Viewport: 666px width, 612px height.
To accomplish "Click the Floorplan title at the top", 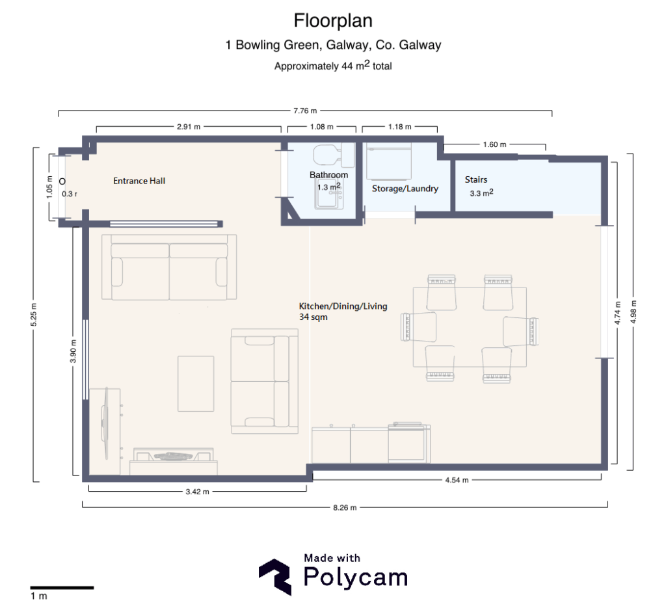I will pos(333,21).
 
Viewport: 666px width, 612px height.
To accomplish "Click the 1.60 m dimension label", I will pos(495,144).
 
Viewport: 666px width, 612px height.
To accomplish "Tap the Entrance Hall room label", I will pos(139,181).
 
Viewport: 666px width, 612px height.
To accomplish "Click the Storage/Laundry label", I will pos(405,189).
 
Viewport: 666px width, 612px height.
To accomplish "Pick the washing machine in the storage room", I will pos(389,161).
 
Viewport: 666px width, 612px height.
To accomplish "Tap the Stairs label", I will pos(476,180).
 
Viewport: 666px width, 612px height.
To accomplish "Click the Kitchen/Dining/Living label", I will pos(343,306).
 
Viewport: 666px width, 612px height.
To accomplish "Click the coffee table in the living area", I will pos(196,383).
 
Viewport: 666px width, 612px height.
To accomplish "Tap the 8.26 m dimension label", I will pos(345,508).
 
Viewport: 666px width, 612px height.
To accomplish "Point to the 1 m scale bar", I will pos(62,588).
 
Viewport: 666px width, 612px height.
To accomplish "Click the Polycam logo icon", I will pos(275,577).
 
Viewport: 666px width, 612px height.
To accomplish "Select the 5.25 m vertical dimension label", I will pos(34,315).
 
